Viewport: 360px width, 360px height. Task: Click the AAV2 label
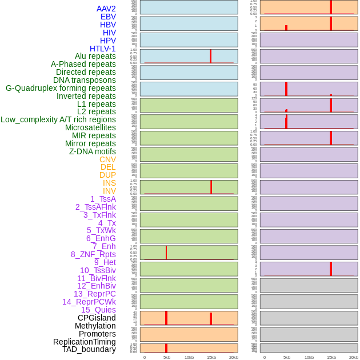coord(106,9)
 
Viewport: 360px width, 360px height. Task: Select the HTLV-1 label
coord(103,49)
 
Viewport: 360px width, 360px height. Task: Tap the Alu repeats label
coord(95,56)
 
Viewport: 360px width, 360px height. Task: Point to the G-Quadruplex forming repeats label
coord(61,88)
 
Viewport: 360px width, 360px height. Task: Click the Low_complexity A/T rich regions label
coord(58,119)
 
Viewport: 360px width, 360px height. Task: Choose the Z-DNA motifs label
coord(93,151)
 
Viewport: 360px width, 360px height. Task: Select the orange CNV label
coord(107,159)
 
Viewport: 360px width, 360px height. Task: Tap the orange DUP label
coord(107,175)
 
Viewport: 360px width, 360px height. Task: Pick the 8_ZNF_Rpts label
coord(93,254)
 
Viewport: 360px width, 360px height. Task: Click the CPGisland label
coord(97,318)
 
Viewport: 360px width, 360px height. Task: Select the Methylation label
coord(95,326)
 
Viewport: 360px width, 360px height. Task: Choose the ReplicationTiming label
coord(85,342)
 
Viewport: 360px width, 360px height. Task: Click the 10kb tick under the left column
coord(189,357)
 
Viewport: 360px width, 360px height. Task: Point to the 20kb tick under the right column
coord(354,357)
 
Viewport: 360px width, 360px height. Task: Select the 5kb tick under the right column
coord(287,357)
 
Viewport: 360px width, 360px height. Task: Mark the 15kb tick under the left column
coord(211,357)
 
